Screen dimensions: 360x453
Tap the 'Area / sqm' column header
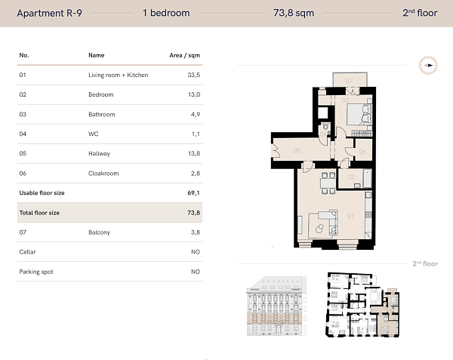click(184, 55)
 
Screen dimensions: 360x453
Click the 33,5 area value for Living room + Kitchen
click(193, 75)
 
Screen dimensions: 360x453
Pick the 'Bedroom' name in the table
click(100, 95)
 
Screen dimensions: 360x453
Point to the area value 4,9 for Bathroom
click(195, 115)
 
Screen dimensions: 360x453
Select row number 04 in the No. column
click(23, 134)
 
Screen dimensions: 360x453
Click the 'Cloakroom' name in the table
click(103, 174)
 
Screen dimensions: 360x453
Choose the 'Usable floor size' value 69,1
click(194, 193)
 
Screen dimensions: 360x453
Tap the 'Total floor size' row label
click(39, 213)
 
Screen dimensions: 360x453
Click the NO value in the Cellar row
click(196, 252)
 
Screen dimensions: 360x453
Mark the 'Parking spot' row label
click(36, 272)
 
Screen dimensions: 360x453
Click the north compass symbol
click(429, 66)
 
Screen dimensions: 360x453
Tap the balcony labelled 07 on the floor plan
click(349, 80)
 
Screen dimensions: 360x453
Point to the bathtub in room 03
click(365, 179)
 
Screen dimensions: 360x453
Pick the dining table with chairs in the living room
click(326, 181)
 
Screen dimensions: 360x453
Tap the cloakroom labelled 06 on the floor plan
click(362, 152)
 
